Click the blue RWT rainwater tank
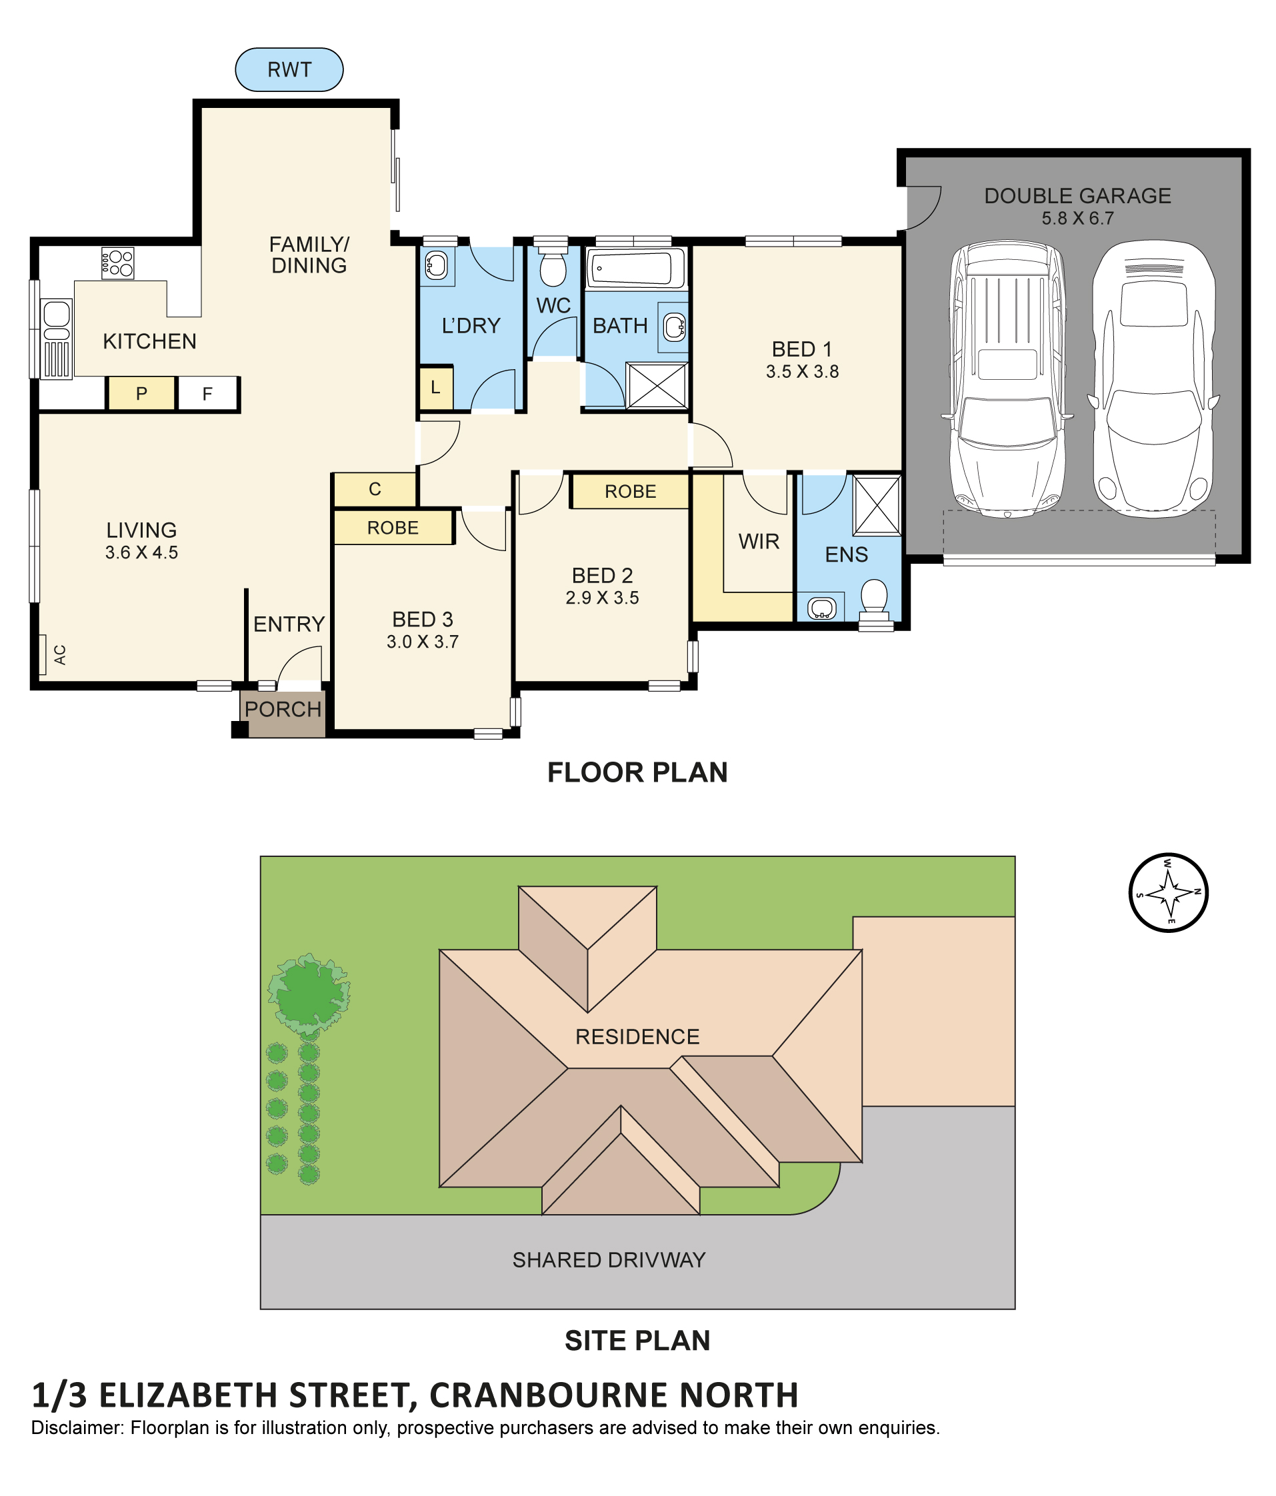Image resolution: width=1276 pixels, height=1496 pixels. click(289, 69)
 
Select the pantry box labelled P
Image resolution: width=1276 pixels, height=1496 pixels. click(141, 394)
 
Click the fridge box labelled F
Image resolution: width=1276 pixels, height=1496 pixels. click(207, 394)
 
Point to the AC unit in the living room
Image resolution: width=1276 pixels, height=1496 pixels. click(43, 655)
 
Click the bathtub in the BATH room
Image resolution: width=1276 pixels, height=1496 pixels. click(635, 268)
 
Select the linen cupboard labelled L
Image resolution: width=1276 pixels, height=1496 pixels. click(435, 388)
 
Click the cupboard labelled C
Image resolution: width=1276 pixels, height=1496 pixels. click(375, 490)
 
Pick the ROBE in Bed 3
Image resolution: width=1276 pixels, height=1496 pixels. click(393, 527)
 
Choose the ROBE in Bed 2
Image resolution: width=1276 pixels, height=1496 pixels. click(630, 491)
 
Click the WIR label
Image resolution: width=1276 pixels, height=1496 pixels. click(759, 542)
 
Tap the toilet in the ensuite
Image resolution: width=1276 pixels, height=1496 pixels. click(875, 599)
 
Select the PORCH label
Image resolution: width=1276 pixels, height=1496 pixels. click(283, 709)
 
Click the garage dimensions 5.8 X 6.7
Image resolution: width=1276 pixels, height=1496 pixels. click(1077, 218)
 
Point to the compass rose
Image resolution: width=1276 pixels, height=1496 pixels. click(1169, 892)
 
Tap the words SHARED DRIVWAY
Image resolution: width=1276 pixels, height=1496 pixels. click(609, 1260)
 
